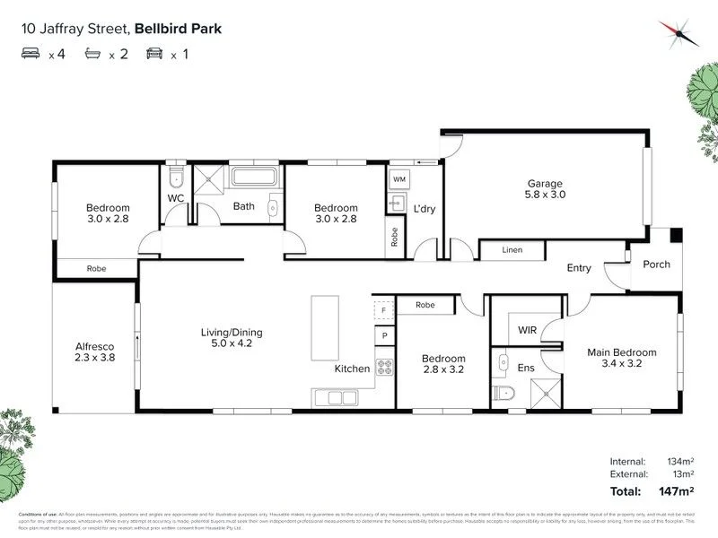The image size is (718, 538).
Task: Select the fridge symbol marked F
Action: (x=383, y=310)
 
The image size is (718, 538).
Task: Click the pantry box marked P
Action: (x=383, y=336)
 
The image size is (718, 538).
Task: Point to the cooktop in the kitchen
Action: (x=384, y=367)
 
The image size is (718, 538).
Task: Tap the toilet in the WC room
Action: (x=177, y=173)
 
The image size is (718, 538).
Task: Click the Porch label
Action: (x=656, y=265)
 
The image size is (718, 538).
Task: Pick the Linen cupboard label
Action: (x=512, y=250)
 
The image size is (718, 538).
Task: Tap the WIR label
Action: (x=527, y=331)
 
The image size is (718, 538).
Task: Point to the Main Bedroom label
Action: (x=621, y=352)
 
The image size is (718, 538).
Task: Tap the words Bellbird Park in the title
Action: (x=179, y=28)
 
